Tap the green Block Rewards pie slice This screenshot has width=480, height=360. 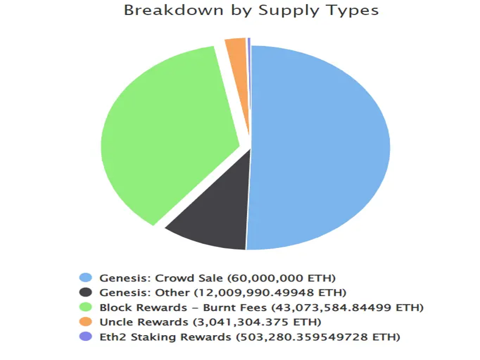164,136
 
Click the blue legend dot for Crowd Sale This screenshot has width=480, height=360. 86,278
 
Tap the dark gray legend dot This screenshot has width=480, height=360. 86,292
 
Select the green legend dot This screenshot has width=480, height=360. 86,307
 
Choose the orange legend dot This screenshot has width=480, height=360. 86,322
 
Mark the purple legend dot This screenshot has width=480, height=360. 86,337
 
